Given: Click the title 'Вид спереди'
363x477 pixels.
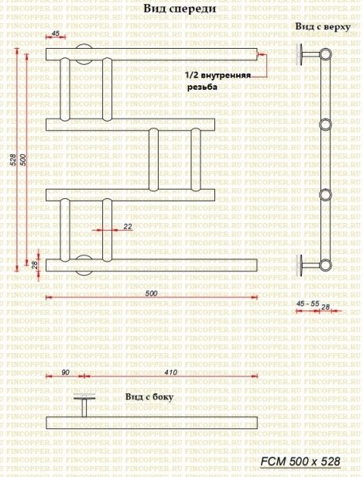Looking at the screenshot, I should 179,9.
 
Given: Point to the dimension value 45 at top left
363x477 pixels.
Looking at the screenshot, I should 56,34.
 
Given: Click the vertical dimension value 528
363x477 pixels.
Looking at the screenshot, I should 12,160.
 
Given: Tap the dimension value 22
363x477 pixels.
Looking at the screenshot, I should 128,226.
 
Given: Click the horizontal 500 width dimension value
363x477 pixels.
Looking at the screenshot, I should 151,293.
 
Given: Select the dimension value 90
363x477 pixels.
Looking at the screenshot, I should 65,372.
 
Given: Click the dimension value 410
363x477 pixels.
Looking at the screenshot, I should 172,372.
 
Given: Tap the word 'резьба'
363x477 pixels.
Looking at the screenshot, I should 202,88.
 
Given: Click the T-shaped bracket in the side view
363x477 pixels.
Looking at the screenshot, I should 83,406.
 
